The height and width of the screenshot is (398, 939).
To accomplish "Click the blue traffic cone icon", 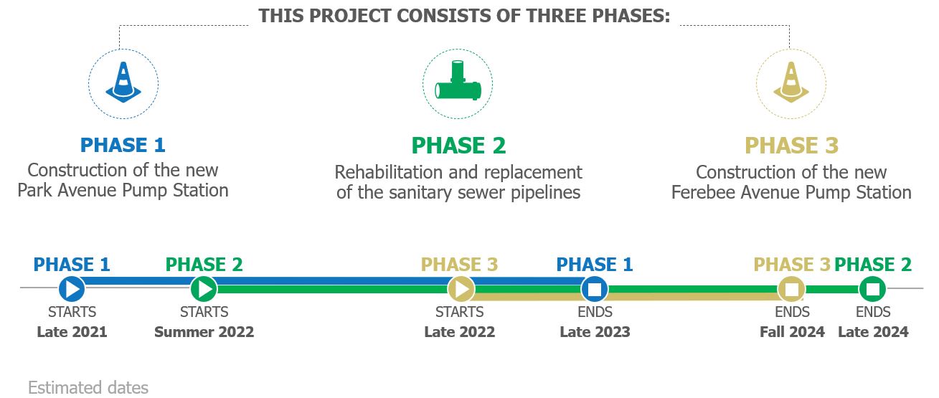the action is (x=123, y=82).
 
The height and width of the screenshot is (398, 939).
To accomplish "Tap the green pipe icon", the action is (x=458, y=81).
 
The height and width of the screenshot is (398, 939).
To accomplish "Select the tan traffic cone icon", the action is (x=791, y=82).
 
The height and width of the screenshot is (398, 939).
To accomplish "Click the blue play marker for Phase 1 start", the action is (x=72, y=289).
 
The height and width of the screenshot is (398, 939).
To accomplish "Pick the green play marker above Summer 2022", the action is (x=204, y=289).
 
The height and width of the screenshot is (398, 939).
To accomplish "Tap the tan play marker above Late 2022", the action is (x=461, y=289).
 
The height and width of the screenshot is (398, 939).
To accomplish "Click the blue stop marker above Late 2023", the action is (x=595, y=289).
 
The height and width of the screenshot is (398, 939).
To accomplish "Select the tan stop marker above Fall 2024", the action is (x=791, y=289).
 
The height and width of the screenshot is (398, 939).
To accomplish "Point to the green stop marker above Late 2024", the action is (x=872, y=289).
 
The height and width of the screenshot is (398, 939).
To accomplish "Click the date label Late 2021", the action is (x=72, y=332).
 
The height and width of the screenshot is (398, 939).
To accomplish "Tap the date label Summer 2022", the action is (x=204, y=332).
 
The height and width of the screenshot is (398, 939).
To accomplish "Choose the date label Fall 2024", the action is (x=792, y=332).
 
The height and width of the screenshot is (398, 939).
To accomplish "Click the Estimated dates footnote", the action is (x=88, y=387).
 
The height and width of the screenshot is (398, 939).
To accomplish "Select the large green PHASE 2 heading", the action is (x=458, y=146).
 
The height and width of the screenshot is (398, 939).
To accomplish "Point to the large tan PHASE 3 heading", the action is (x=791, y=146).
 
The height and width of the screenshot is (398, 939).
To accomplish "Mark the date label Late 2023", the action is (x=595, y=332).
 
